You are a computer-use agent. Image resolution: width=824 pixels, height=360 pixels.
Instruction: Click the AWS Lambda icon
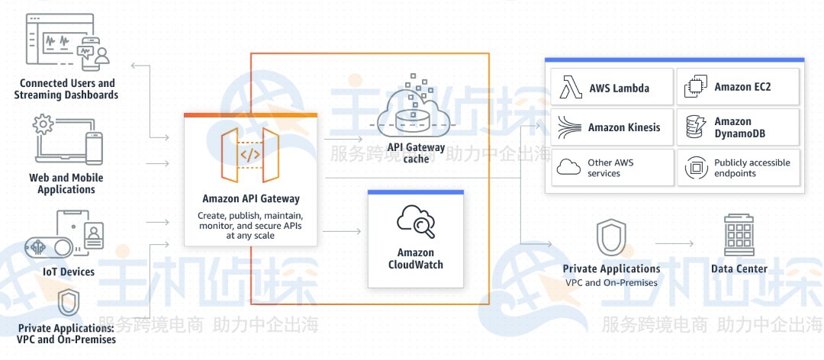click(x=571, y=87)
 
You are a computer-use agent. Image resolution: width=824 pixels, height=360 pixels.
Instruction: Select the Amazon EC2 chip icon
click(x=694, y=87)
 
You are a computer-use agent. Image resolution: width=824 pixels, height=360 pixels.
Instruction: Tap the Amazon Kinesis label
click(x=624, y=127)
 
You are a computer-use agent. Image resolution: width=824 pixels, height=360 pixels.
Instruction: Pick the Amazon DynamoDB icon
click(x=694, y=127)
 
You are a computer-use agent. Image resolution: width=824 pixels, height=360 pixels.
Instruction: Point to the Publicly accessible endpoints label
click(x=752, y=168)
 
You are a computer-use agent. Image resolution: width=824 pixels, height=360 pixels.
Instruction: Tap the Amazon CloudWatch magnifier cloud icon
click(x=416, y=223)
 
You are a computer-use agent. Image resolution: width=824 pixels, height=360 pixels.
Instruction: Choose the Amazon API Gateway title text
click(x=251, y=199)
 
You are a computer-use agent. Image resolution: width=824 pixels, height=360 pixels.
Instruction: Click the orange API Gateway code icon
click(x=250, y=156)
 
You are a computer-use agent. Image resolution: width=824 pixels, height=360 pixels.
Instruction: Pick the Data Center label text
click(x=739, y=268)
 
